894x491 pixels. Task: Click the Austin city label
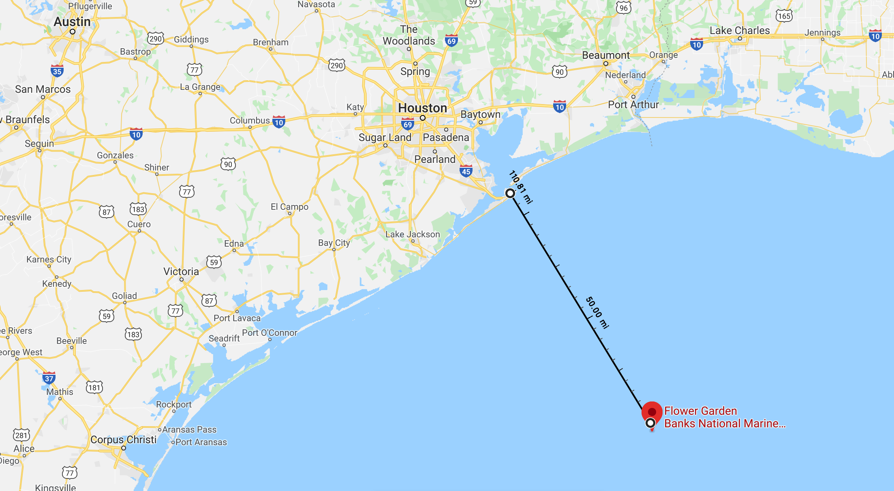pyautogui.click(x=72, y=22)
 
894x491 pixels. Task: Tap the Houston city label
pyautogui.click(x=422, y=108)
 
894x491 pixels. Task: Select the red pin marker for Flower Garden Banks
pyautogui.click(x=652, y=412)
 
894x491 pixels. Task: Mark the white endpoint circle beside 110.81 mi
pyautogui.click(x=510, y=193)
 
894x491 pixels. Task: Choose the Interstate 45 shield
pyautogui.click(x=466, y=171)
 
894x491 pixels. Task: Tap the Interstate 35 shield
pyautogui.click(x=57, y=71)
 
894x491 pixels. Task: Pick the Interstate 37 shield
pyautogui.click(x=49, y=378)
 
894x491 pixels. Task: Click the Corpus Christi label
pyautogui.click(x=123, y=440)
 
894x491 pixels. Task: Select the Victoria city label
pyautogui.click(x=181, y=272)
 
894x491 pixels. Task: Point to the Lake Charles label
pyautogui.click(x=740, y=31)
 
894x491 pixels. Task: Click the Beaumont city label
pyautogui.click(x=606, y=56)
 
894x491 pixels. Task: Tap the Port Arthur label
pyautogui.click(x=633, y=105)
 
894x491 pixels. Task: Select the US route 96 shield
pyautogui.click(x=623, y=7)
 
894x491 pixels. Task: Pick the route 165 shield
pyautogui.click(x=784, y=16)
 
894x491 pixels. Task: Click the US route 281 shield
pyautogui.click(x=21, y=435)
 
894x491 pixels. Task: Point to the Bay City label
pyautogui.click(x=334, y=243)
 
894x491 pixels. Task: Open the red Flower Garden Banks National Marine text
pyautogui.click(x=725, y=417)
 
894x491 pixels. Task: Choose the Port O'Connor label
pyautogui.click(x=269, y=333)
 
